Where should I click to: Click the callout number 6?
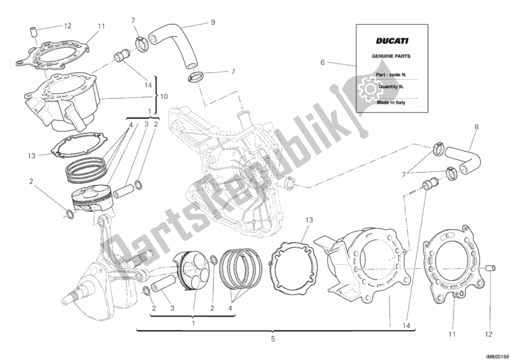323,62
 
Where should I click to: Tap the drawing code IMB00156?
495,354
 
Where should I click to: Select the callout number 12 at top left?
68,26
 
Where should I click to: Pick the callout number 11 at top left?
101,26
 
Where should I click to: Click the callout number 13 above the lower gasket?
308,220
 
